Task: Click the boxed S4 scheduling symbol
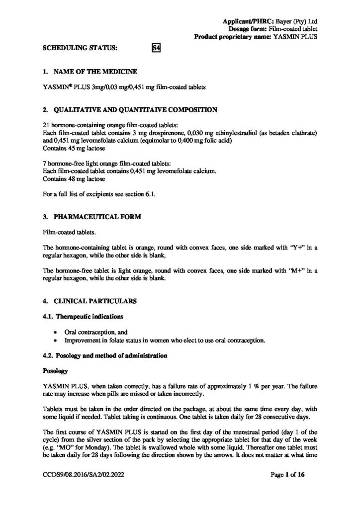pos(155,48)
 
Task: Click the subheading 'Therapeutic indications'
pos(88,316)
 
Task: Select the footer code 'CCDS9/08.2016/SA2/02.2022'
pos(81,475)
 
